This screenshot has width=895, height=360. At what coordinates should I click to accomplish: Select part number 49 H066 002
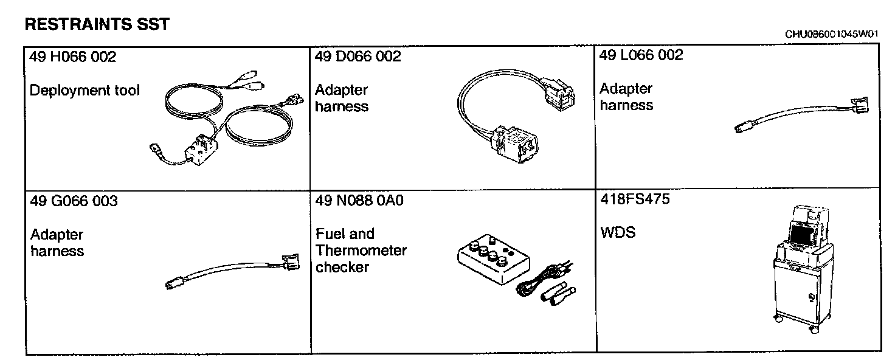(x=73, y=57)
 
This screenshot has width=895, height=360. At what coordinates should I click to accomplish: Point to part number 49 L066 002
(x=641, y=55)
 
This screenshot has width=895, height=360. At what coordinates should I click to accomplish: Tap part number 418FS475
(x=635, y=199)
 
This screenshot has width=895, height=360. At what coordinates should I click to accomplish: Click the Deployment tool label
(x=85, y=91)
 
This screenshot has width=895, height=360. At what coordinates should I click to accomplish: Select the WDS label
(x=617, y=233)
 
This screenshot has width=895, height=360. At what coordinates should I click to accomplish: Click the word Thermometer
(x=361, y=251)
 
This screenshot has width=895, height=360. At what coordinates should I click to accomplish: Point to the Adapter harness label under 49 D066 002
(x=342, y=99)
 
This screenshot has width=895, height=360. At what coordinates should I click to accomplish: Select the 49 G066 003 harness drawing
(x=231, y=271)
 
